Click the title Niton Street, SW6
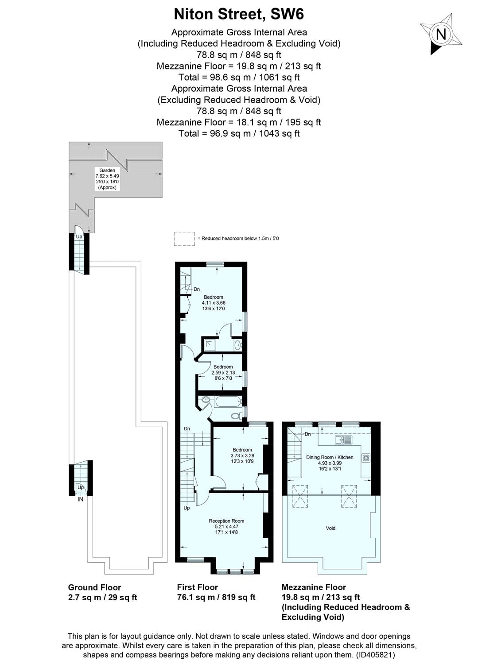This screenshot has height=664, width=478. point(239,14)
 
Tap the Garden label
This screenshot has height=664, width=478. point(107,170)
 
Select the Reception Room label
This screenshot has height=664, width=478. point(226,521)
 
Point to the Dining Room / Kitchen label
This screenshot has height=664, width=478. point(330,457)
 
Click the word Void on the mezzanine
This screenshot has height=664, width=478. point(330,528)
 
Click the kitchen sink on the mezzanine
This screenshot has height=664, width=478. point(344,440)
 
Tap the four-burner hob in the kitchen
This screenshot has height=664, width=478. point(366,458)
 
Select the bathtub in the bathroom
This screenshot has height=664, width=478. point(227,402)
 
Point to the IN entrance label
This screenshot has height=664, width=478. point(80,499)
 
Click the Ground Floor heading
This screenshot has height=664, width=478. point(94,587)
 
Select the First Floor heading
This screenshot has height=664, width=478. point(198,587)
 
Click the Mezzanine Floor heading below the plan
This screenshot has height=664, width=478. point(314,587)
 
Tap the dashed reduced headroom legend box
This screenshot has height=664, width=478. point(184,239)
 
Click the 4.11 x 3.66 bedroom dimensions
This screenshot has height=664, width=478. point(214,303)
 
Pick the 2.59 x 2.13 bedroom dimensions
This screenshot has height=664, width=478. point(223,373)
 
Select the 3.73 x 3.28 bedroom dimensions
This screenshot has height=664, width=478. point(242,456)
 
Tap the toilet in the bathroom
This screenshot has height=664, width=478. point(237,416)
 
